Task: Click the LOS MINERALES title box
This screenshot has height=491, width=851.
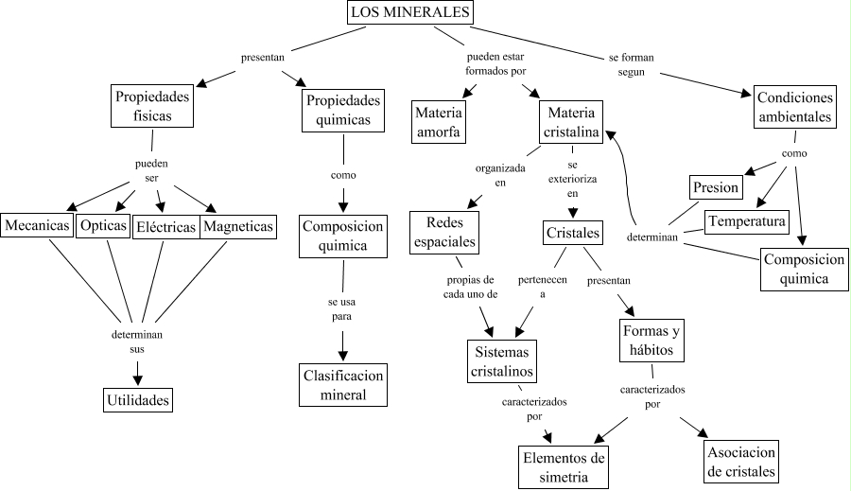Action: [x=409, y=12]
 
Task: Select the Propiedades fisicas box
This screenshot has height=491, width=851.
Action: [x=152, y=106]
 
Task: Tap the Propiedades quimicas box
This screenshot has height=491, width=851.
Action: [x=344, y=110]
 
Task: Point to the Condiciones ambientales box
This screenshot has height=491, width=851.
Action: [x=794, y=108]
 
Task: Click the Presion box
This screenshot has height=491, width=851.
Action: [x=715, y=187]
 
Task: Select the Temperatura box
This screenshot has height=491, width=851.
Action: [x=747, y=221]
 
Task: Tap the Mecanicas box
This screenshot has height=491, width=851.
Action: [x=37, y=226]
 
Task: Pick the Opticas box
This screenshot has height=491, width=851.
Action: [x=103, y=226]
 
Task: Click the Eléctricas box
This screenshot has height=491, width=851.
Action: [x=165, y=227]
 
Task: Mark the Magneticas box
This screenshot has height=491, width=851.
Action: [x=238, y=226]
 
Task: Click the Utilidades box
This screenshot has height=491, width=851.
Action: [x=138, y=401]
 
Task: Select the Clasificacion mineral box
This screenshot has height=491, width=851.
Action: [x=343, y=385]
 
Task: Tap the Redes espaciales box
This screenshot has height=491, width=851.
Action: [x=444, y=233]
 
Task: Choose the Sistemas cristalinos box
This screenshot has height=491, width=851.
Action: [x=502, y=361]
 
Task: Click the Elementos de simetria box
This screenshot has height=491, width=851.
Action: [x=564, y=467]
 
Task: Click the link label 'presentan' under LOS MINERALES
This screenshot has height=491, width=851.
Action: [x=263, y=58]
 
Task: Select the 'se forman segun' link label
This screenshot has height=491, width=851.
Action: [x=631, y=63]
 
